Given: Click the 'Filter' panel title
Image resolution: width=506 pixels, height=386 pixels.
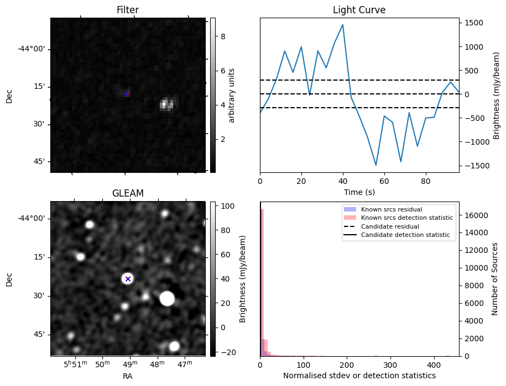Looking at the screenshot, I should tap(127, 10).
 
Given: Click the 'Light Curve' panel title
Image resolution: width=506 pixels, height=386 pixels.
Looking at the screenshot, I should tap(359, 10).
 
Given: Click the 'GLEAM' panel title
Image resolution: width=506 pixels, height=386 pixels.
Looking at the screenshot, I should tap(127, 193).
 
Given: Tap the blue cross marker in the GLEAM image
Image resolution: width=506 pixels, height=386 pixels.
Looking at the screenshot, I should tap(128, 279).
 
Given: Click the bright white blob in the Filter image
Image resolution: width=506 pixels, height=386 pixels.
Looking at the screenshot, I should tap(166, 104).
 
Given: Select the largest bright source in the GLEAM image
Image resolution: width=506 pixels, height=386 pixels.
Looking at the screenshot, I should tap(167, 299).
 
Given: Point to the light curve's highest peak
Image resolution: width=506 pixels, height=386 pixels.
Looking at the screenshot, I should tap(343, 24).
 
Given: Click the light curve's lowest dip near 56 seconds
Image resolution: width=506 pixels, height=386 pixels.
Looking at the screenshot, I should tap(376, 165).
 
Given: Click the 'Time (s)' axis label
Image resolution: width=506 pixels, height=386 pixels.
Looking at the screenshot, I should tap(359, 191).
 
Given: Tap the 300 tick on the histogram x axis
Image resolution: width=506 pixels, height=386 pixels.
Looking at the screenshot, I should tap(390, 365).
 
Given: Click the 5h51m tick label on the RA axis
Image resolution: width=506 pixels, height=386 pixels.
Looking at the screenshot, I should tap(75, 364).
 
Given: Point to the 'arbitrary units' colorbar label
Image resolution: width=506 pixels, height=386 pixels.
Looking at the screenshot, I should tap(232, 95).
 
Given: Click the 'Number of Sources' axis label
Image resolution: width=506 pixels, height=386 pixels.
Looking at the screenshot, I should tap(495, 279).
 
